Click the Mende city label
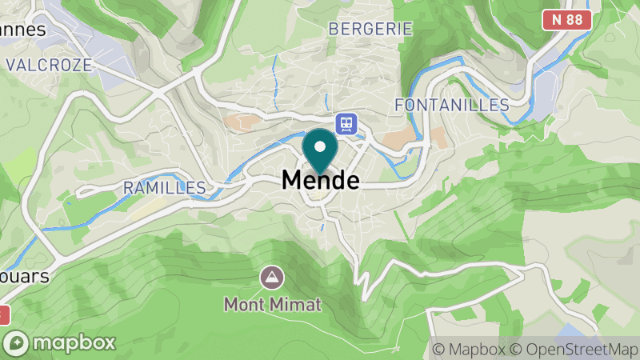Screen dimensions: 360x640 pyautogui.click(x=320, y=181)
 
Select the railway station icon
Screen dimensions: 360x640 pyautogui.click(x=346, y=122)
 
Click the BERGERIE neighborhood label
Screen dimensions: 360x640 pyautogui.click(x=370, y=29)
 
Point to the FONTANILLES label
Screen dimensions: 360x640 pyautogui.click(x=452, y=105)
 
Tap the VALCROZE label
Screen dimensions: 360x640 pyautogui.click(x=50, y=64)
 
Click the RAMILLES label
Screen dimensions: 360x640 pyautogui.click(x=164, y=188)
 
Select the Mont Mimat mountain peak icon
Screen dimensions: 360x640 pyautogui.click(x=272, y=278)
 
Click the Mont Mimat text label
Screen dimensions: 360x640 pyautogui.click(x=272, y=304)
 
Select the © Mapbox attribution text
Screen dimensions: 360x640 pyautogui.click(x=469, y=349)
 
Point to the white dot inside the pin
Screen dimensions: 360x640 pyautogui.click(x=321, y=146)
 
